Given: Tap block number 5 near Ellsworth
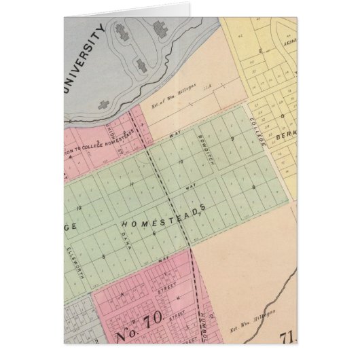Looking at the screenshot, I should click(104, 255).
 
